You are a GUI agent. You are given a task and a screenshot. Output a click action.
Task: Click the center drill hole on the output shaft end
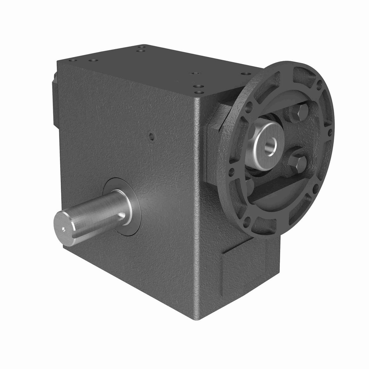point(63,228)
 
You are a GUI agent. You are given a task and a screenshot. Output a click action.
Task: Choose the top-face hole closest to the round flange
point(245,74)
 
